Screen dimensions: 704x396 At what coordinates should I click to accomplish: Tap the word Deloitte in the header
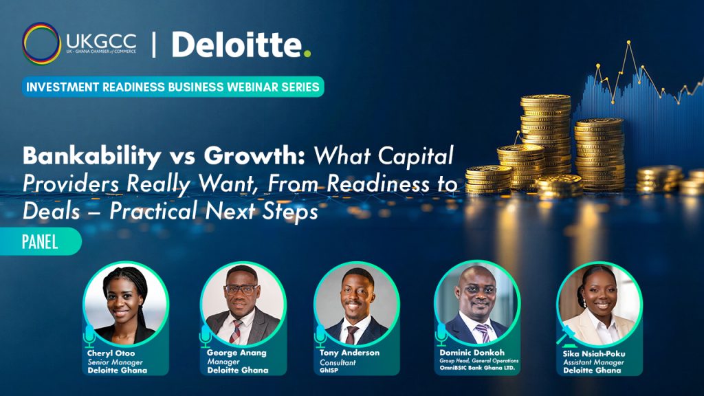click(x=237, y=45)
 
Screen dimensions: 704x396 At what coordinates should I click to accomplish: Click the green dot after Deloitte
click(x=307, y=54)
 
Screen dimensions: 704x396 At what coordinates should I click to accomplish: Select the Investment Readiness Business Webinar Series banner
click(x=173, y=87)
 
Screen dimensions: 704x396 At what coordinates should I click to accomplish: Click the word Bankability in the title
click(x=91, y=157)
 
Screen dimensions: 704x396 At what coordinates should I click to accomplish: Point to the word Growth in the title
click(x=254, y=155)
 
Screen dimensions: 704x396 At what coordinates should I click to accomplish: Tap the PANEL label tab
click(x=41, y=241)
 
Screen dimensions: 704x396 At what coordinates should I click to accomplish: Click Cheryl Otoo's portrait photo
click(x=126, y=304)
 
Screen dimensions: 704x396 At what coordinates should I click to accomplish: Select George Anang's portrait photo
click(x=243, y=304)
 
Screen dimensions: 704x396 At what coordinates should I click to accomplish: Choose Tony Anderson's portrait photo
click(x=357, y=304)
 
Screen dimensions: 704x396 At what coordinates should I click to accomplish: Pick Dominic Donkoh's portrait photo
click(x=477, y=304)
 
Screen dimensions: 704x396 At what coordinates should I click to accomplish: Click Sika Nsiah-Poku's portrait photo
click(x=599, y=304)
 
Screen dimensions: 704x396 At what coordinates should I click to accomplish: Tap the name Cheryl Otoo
click(x=111, y=353)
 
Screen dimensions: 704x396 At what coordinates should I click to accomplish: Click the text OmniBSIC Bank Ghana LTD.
click(x=477, y=368)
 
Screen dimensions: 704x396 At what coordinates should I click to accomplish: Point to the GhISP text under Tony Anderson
click(x=329, y=371)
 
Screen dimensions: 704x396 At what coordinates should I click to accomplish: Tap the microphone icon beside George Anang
click(x=206, y=335)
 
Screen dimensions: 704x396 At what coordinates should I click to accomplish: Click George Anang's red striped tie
click(x=236, y=331)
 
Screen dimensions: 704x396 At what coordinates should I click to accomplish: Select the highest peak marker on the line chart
click(x=628, y=43)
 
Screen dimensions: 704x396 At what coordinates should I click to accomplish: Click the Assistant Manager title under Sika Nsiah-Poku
click(x=593, y=362)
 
